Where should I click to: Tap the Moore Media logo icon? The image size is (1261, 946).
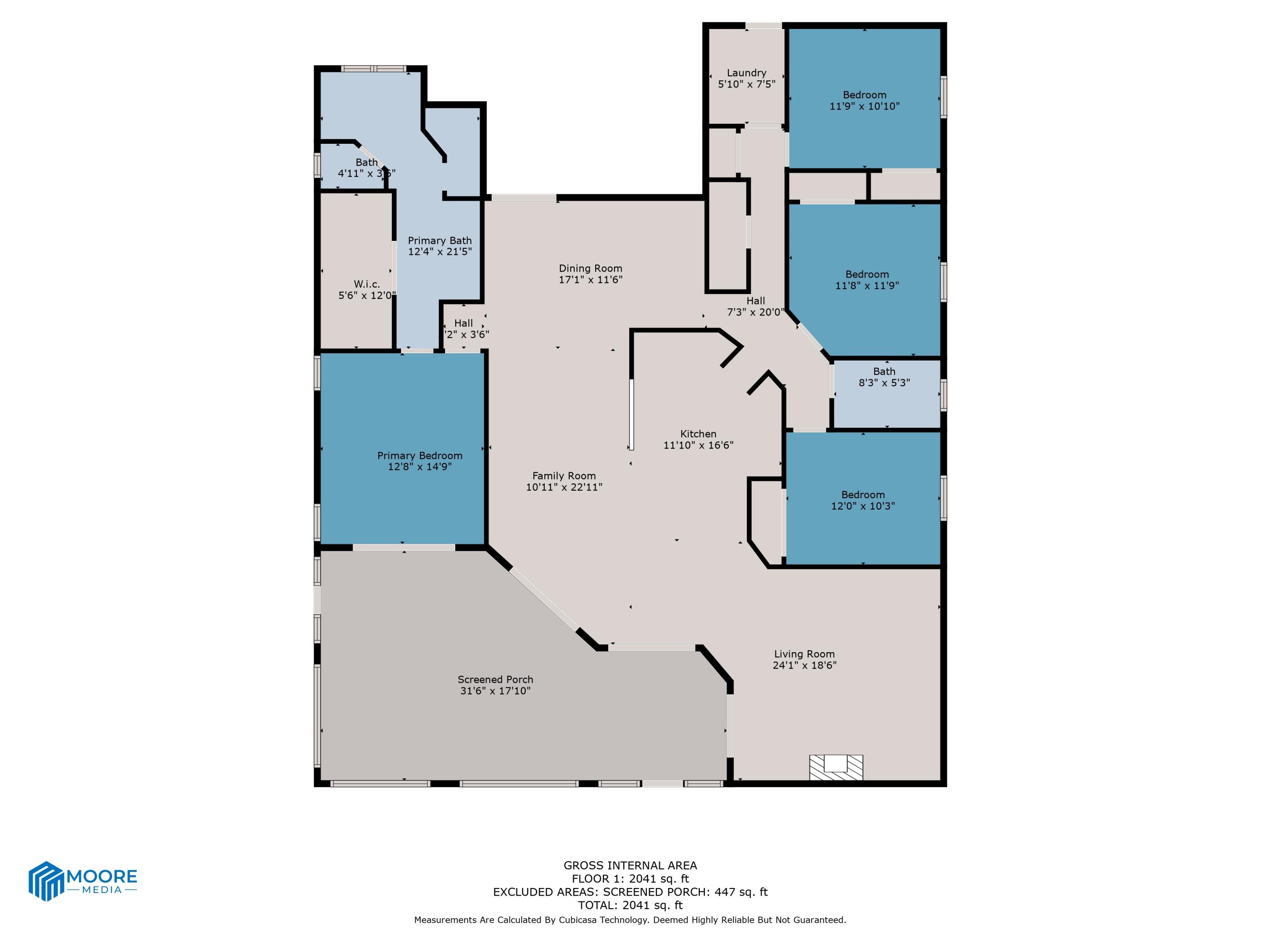[45, 880]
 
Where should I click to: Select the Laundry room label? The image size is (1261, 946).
[746, 73]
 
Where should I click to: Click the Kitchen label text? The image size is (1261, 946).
[698, 434]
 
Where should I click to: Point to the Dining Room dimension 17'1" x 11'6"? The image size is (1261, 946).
[590, 280]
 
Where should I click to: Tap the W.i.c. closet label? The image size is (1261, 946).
[367, 284]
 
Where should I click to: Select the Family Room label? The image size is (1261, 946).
[564, 476]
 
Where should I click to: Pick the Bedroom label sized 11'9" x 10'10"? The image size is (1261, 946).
[864, 95]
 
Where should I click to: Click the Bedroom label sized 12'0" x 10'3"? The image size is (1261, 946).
[863, 495]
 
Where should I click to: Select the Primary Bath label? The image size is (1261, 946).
[440, 240]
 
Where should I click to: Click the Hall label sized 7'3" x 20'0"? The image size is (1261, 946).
[755, 301]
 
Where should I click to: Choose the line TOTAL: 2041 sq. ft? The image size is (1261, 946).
[630, 905]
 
